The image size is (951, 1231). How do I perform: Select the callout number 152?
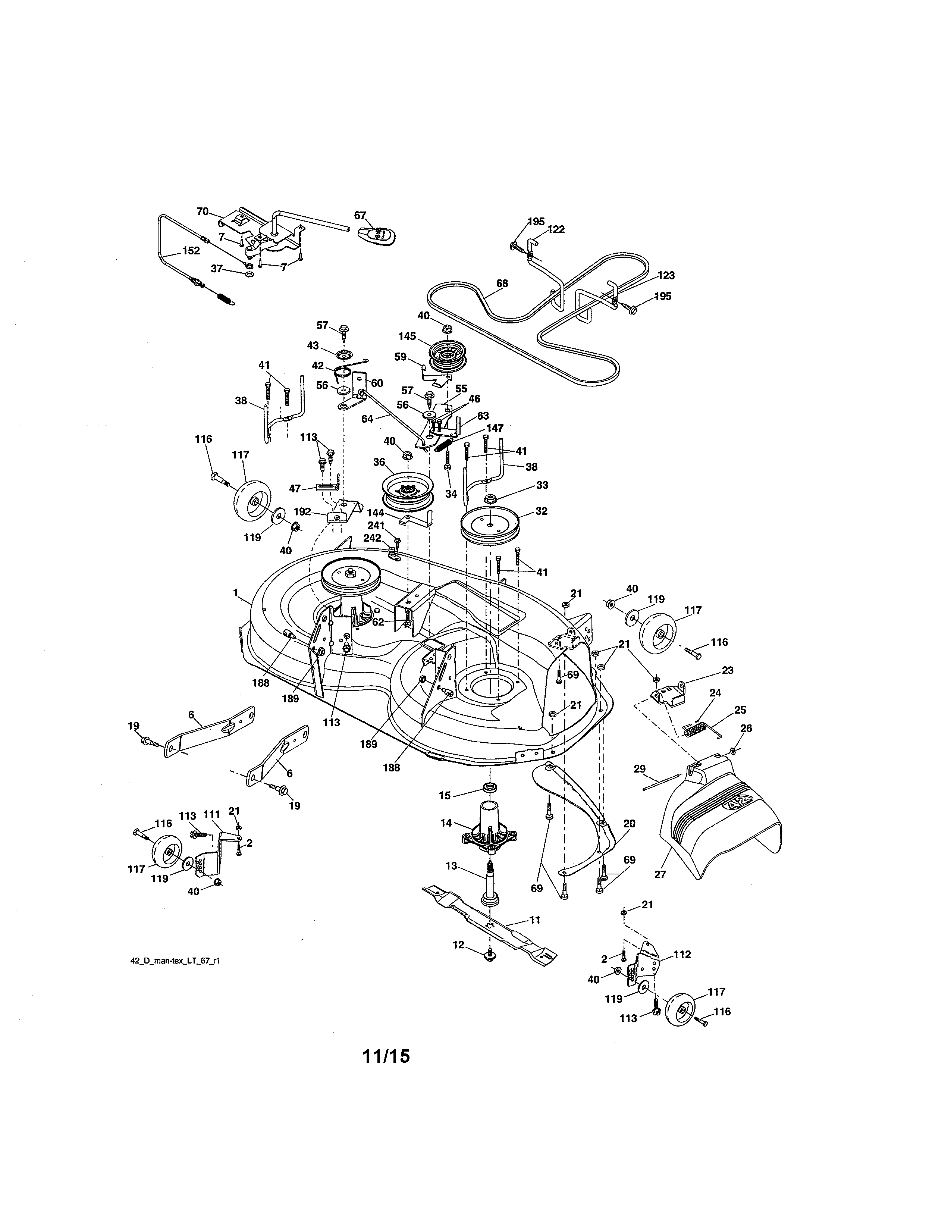(191, 251)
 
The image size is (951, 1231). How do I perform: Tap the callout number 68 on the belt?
(502, 284)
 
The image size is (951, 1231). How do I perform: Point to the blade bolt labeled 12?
(489, 954)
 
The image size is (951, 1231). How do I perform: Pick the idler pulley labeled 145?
(448, 354)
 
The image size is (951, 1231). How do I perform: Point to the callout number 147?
(495, 428)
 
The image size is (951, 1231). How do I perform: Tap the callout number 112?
(682, 954)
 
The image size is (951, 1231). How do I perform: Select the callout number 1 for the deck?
(235, 592)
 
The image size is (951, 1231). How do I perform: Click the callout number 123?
(666, 276)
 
